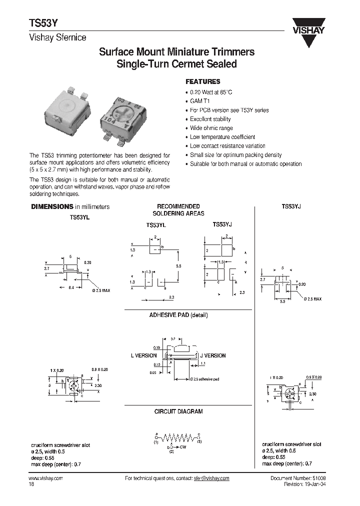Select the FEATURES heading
click(202, 81)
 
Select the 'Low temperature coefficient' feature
click(222, 137)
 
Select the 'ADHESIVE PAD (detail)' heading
click(178, 315)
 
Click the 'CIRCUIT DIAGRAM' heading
click(178, 411)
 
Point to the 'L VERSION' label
click(143, 355)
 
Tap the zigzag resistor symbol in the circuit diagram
click(178, 436)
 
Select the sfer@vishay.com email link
click(211, 478)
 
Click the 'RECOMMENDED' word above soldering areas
click(178, 206)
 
